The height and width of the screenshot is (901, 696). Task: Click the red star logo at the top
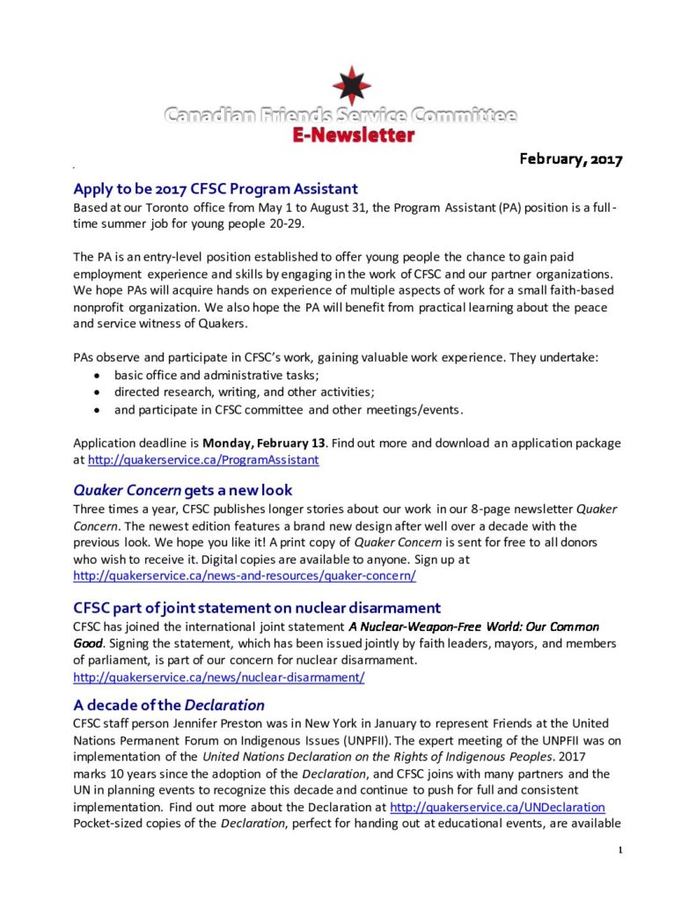pyautogui.click(x=352, y=85)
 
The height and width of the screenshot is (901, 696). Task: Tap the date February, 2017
pyautogui.click(x=570, y=159)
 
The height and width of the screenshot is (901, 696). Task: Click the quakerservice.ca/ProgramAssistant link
pyautogui.click(x=203, y=459)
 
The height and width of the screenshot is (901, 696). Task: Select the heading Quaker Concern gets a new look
pyautogui.click(x=183, y=489)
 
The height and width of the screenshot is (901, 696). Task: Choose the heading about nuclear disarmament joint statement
pyautogui.click(x=257, y=607)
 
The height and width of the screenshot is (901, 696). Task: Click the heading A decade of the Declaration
pyautogui.click(x=169, y=705)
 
